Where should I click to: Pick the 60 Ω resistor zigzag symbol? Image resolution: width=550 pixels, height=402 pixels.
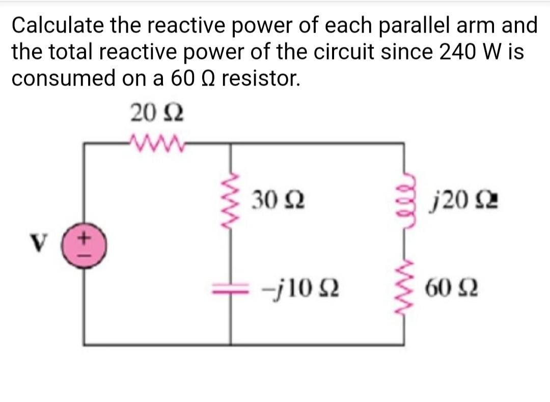(405, 290)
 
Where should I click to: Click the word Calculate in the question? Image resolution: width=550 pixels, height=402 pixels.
(59, 25)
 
